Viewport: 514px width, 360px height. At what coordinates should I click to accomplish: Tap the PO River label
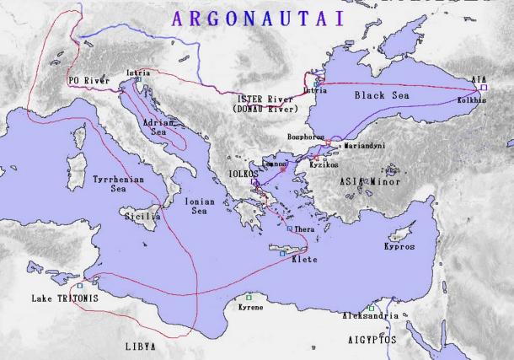pyautogui.click(x=88, y=80)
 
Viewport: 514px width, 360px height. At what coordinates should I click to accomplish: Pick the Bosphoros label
pyautogui.click(x=307, y=135)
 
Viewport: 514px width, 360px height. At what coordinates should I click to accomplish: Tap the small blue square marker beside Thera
pyautogui.click(x=289, y=229)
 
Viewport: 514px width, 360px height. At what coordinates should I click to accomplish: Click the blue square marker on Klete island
pyautogui.click(x=282, y=253)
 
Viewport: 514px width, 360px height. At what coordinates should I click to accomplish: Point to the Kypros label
pyautogui.click(x=399, y=247)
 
